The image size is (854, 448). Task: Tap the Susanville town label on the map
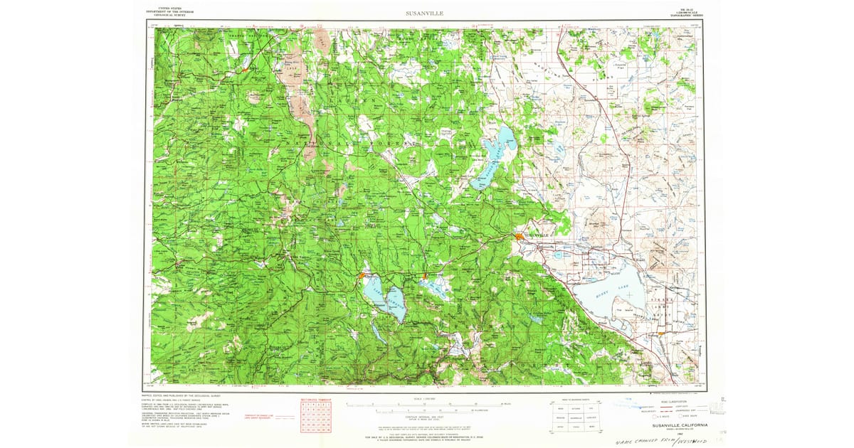click(x=539, y=234)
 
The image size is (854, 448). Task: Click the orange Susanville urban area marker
click(x=520, y=236)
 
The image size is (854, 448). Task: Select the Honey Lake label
click(x=604, y=292)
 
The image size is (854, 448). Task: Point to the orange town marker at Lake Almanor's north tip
click(x=364, y=274)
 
